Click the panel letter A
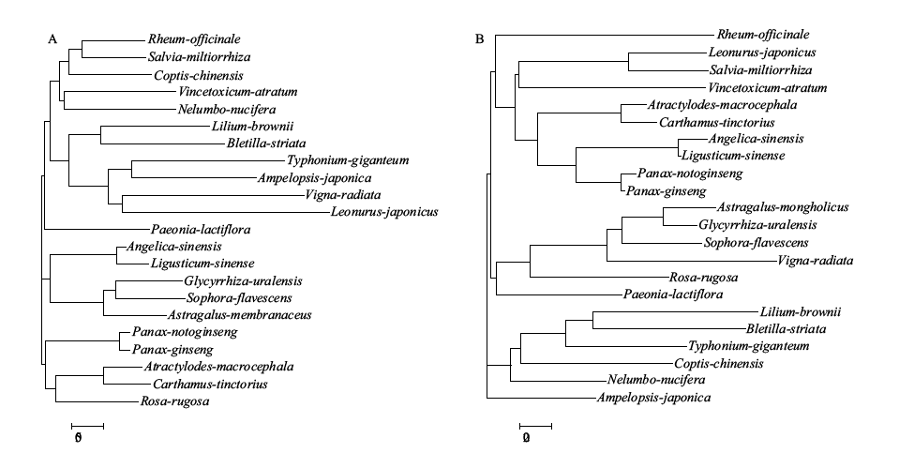click(x=52, y=39)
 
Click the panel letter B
click(x=480, y=39)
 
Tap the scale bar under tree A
click(x=88, y=426)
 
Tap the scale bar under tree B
click(x=535, y=426)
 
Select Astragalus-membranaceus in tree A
click(x=240, y=315)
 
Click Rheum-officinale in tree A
click(x=194, y=39)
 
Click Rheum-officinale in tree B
click(x=763, y=35)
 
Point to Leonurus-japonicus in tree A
click(x=384, y=212)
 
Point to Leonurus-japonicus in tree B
click(x=762, y=53)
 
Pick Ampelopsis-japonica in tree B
click(x=654, y=398)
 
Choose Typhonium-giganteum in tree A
click(x=348, y=160)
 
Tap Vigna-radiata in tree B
click(x=816, y=261)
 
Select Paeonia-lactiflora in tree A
click(x=201, y=230)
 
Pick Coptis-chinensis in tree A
click(x=199, y=76)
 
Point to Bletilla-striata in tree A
click(x=266, y=143)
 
